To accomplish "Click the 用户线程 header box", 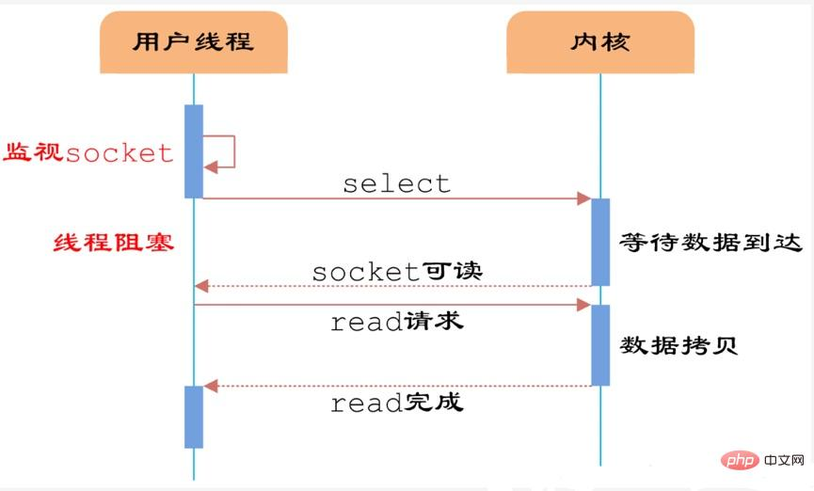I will tap(193, 42).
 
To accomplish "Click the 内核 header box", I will tap(599, 42).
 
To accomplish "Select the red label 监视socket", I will tap(89, 152).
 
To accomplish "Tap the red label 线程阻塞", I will tap(112, 243).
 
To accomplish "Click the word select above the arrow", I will tap(396, 183).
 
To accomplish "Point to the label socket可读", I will tap(396, 272).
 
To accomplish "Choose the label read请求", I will tap(396, 322).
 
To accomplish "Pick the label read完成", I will tap(396, 404).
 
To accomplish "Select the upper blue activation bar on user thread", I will tap(194, 150).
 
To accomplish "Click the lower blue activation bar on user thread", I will tap(194, 416).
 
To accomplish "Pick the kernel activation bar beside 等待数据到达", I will tap(599, 242).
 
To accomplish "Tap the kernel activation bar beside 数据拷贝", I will tap(599, 344).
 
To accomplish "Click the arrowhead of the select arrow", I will tap(583, 198).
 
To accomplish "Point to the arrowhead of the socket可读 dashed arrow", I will tap(200, 285).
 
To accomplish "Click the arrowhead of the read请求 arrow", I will tap(583, 305).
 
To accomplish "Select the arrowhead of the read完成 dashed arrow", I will tap(211, 386).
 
